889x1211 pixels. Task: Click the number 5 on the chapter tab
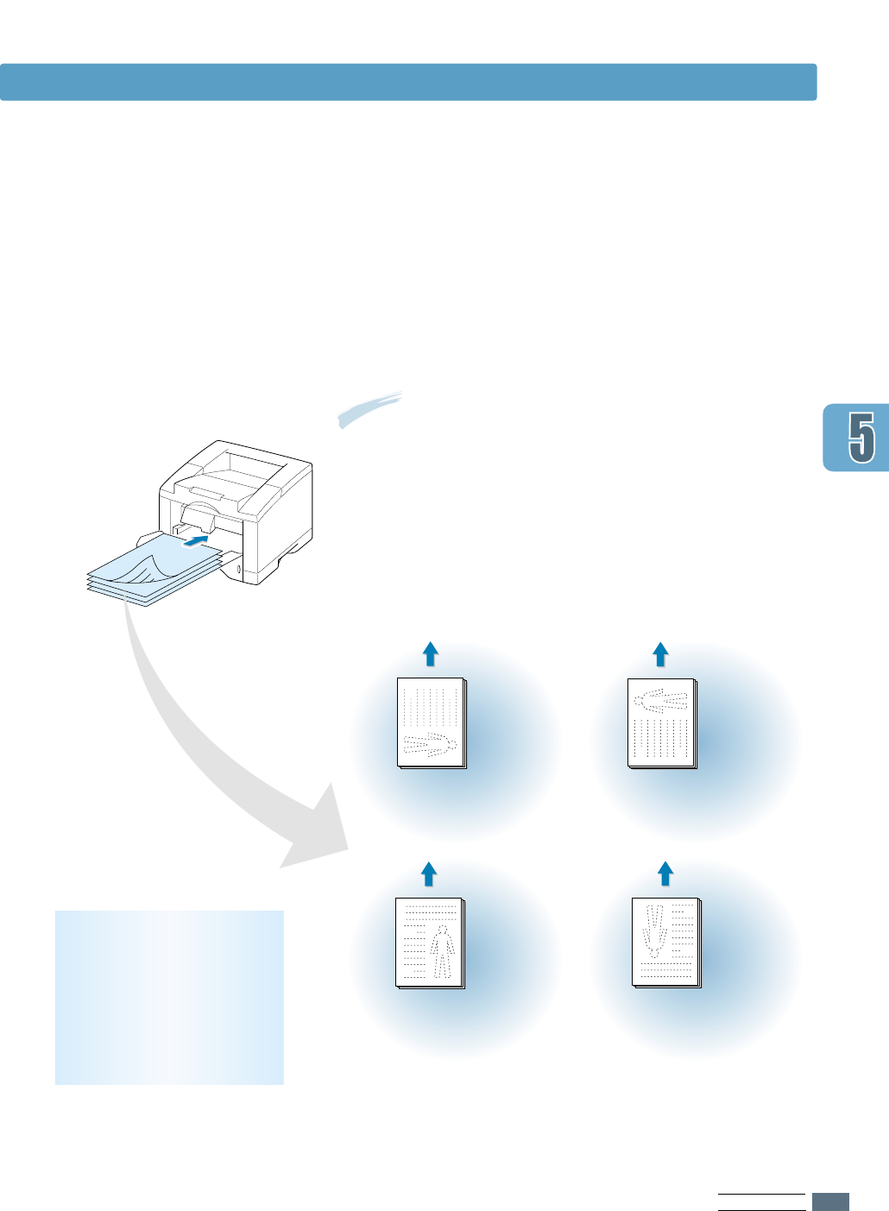pyautogui.click(x=861, y=437)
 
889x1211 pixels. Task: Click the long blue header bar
pyautogui.click(x=408, y=82)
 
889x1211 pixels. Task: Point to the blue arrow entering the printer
pyautogui.click(x=197, y=540)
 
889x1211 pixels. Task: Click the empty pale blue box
pyautogui.click(x=169, y=997)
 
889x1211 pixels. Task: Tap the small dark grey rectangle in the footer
pyautogui.click(x=830, y=1202)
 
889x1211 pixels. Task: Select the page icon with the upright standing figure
pyautogui.click(x=430, y=943)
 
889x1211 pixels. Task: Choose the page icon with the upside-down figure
pyautogui.click(x=665, y=943)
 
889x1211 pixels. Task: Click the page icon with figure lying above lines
pyautogui.click(x=661, y=722)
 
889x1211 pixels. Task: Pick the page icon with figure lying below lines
pyautogui.click(x=431, y=722)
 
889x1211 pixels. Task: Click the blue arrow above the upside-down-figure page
pyautogui.click(x=665, y=873)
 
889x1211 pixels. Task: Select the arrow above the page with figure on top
pyautogui.click(x=660, y=653)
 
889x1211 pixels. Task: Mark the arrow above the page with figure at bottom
pyautogui.click(x=430, y=653)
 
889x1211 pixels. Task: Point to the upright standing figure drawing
pyautogui.click(x=442, y=952)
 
